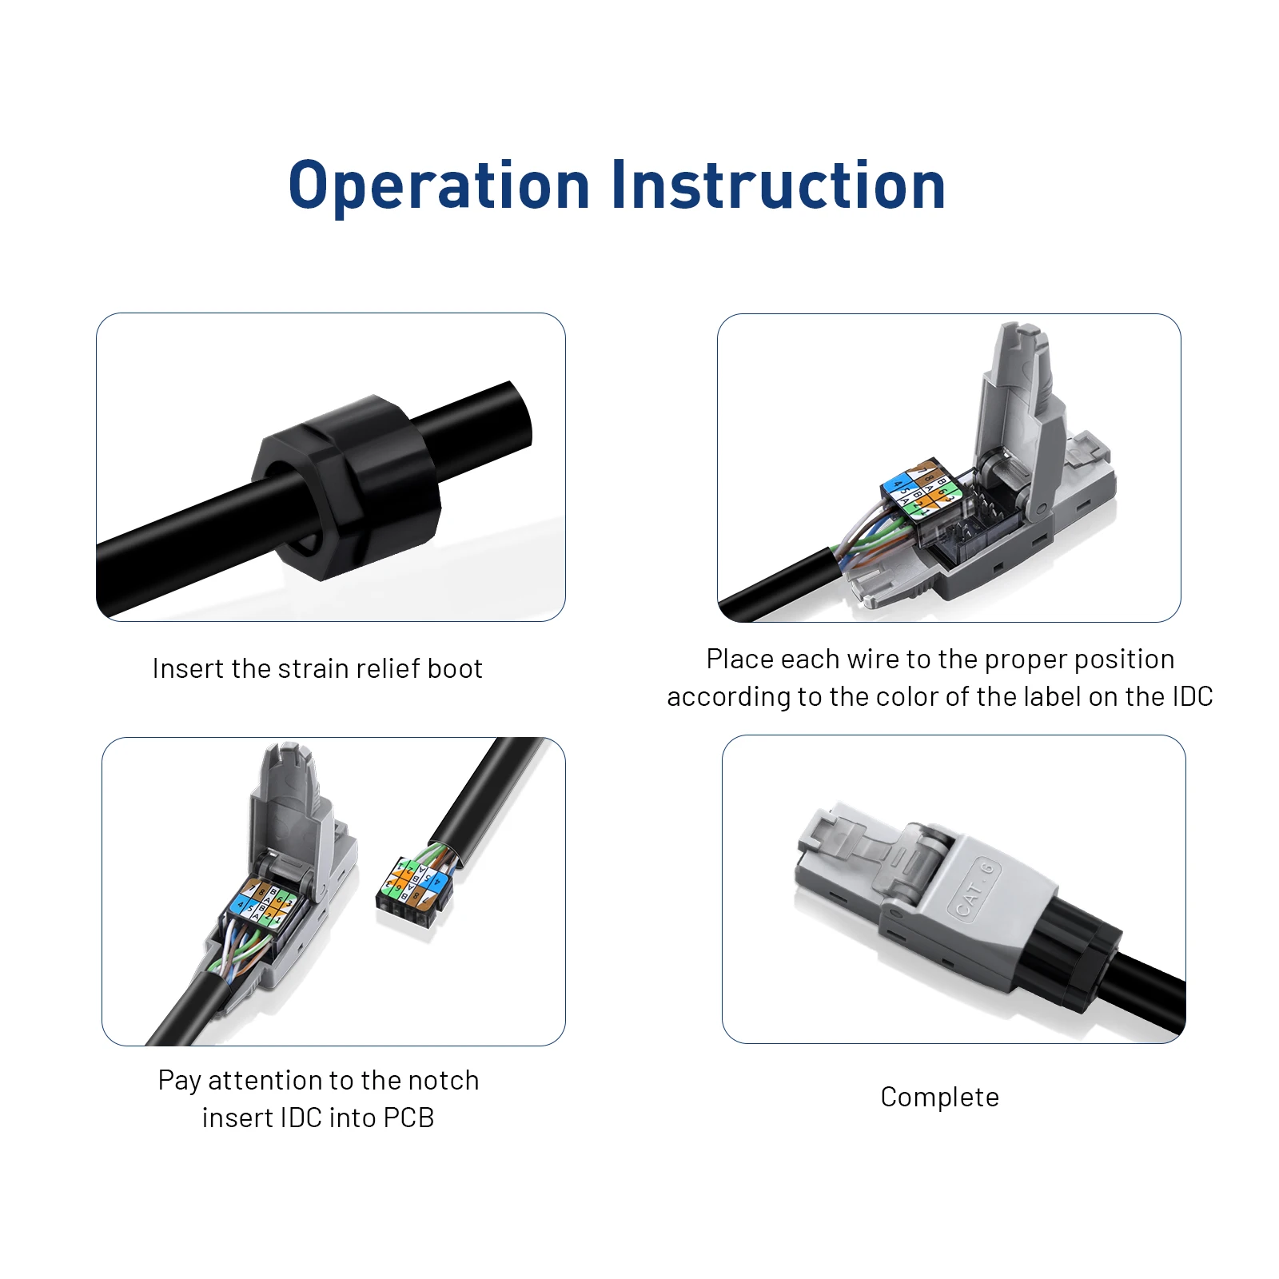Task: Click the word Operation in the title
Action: coord(439,186)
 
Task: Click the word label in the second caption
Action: coord(1052,696)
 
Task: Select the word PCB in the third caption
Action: coord(408,1118)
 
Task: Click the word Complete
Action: coord(939,1098)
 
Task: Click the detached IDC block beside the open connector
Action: coord(414,891)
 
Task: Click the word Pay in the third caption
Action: coord(179,1082)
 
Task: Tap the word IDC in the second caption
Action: coord(1192,696)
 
